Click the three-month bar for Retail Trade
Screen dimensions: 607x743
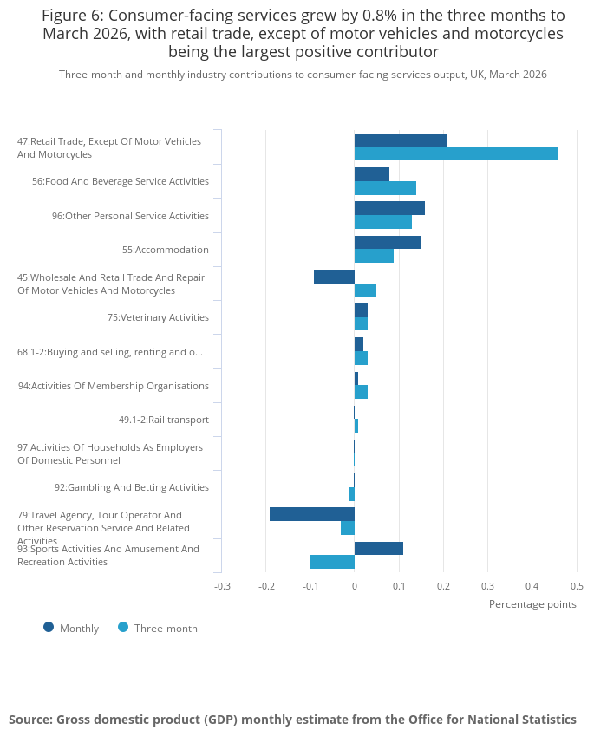[456, 154]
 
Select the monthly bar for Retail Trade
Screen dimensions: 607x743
[401, 140]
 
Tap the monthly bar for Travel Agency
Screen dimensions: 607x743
[312, 514]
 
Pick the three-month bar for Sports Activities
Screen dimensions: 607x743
[332, 562]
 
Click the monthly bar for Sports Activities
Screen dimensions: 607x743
[379, 548]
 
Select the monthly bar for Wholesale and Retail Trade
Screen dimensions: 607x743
[335, 277]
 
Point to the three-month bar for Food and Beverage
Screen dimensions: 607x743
[386, 188]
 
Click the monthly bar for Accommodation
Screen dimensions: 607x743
[388, 242]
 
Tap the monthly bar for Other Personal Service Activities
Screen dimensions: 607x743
[390, 208]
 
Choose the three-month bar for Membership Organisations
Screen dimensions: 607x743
[361, 392]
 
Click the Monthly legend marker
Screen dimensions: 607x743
[49, 628]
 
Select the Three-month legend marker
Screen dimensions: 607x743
[123, 628]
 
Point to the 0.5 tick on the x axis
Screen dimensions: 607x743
[578, 586]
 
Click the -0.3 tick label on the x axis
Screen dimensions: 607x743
[222, 586]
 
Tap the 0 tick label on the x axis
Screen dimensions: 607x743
[355, 586]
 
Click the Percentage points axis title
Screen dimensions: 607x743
[532, 604]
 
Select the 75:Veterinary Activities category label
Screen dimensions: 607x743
[159, 317]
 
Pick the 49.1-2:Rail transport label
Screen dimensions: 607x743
[164, 420]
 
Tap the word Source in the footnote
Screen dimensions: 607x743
[30, 720]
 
